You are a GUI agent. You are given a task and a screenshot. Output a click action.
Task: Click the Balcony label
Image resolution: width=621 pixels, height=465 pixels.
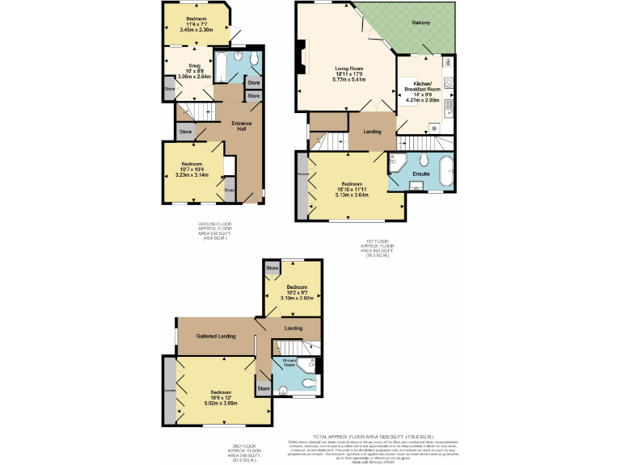click(x=419, y=23)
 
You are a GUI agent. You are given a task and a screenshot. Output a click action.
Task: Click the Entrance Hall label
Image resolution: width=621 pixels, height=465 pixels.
click(x=243, y=126)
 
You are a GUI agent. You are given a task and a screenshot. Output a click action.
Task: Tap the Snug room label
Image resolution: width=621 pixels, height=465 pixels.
click(x=194, y=65)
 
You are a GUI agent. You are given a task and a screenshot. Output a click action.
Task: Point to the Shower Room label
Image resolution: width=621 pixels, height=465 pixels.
click(x=288, y=362)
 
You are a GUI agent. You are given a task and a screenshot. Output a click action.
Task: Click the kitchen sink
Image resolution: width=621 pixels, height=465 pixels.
click(x=448, y=107)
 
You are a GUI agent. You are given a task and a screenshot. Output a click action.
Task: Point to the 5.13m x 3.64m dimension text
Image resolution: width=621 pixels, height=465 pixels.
click(x=351, y=194)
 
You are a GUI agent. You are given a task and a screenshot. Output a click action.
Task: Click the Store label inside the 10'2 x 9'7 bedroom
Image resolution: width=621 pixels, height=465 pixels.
click(x=272, y=268)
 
